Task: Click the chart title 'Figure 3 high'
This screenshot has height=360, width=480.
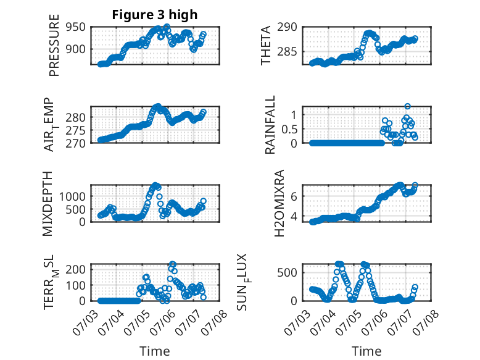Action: (155, 15)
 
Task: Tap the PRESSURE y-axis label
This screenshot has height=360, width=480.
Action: (54, 45)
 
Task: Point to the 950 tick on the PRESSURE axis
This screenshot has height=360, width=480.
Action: (76, 27)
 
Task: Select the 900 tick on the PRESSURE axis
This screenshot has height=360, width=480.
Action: (76, 49)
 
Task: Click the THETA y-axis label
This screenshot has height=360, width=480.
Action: (266, 45)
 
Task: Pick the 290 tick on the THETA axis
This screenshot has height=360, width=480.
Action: (287, 27)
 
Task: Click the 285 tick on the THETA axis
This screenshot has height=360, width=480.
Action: (287, 51)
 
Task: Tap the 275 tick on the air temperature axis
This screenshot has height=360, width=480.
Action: (76, 130)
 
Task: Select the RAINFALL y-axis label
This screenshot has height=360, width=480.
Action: (270, 125)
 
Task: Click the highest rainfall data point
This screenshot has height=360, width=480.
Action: (407, 106)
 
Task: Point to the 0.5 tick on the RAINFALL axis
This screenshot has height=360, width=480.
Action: (289, 129)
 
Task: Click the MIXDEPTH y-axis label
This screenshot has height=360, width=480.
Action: (48, 204)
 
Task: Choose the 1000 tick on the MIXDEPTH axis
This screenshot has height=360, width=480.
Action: (72, 196)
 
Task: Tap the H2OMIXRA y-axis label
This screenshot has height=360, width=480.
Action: (279, 203)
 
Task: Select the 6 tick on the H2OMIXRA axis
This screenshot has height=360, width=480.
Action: (294, 196)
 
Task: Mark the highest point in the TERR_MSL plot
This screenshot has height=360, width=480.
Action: (173, 264)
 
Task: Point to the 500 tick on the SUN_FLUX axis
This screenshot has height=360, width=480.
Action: (287, 272)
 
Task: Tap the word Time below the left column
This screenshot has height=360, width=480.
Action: (155, 351)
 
